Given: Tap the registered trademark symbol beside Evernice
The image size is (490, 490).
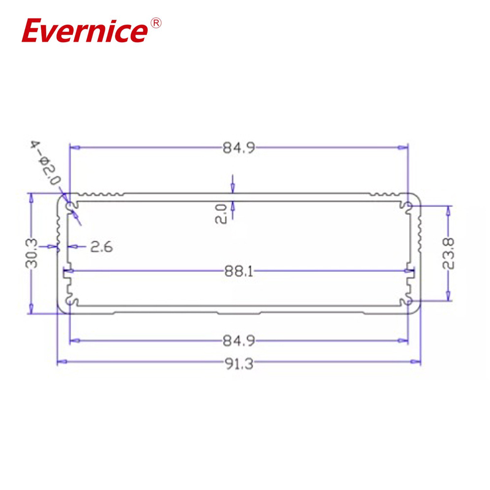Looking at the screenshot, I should (x=156, y=23).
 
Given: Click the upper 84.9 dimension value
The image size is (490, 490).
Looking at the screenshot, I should (x=239, y=148).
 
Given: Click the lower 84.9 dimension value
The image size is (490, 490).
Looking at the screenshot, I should (x=239, y=341).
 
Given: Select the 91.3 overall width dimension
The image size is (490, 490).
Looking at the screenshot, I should (x=239, y=363).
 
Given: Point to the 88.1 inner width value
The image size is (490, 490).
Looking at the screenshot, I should (x=239, y=271).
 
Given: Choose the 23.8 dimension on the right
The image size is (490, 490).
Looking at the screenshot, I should (x=450, y=253).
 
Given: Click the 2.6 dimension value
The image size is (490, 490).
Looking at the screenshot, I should (x=101, y=247).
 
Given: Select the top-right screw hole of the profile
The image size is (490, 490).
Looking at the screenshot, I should (x=408, y=205).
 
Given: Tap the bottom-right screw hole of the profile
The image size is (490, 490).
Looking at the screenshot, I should (x=408, y=301).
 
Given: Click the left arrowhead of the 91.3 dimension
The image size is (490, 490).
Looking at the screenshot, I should (x=60, y=363).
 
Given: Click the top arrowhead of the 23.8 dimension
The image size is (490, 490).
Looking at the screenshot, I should (x=450, y=209).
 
